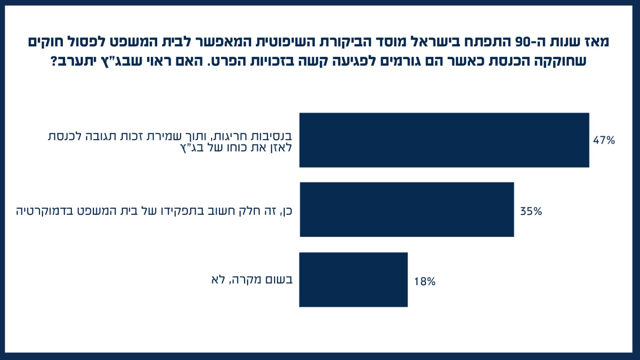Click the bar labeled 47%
(444, 140)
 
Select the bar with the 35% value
(407, 210)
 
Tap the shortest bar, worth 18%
(353, 280)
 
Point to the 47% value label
(604, 140)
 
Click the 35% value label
(531, 211)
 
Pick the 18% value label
(424, 282)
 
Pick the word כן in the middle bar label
(287, 210)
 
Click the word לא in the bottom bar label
(218, 279)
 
